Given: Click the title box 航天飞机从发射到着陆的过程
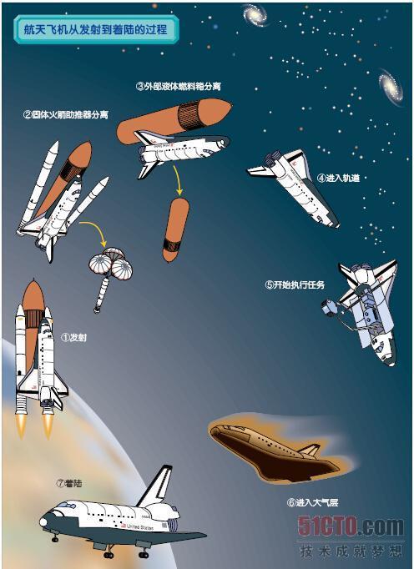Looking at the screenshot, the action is click(x=96, y=29).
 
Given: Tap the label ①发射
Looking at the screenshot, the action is click(x=73, y=338).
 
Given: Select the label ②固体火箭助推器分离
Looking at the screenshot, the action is click(x=66, y=115).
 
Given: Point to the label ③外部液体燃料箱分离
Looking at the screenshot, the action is click(x=179, y=87).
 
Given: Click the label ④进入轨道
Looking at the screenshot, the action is click(x=338, y=178).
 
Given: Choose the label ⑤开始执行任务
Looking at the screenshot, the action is click(x=295, y=284).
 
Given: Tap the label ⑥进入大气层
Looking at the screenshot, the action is click(x=313, y=502).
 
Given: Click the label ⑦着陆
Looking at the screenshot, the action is click(x=69, y=483).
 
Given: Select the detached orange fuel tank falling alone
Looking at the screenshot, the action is click(x=176, y=229).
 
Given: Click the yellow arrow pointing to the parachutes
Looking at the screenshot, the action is click(x=96, y=230).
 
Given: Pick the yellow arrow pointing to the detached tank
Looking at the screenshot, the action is click(x=177, y=180).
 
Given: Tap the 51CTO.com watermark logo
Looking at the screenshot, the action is click(x=351, y=527).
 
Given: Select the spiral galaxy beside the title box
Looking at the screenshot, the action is click(x=255, y=14).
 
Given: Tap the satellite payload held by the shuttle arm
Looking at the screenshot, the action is click(x=330, y=308).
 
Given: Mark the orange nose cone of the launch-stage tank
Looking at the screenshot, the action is click(x=33, y=295).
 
